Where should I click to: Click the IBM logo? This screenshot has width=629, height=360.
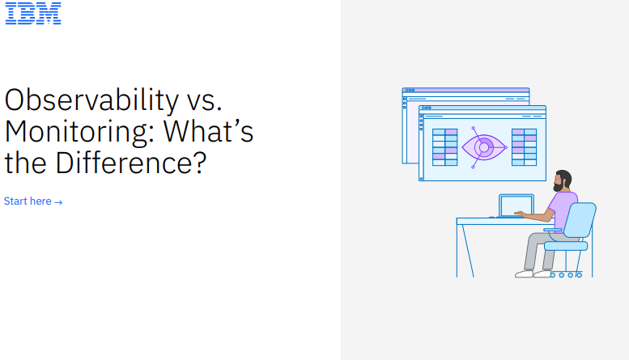[x=33, y=13]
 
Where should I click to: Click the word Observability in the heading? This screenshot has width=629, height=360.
[x=91, y=100]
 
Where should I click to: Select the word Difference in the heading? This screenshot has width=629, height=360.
[x=131, y=163]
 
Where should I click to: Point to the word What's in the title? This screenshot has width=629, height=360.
[x=208, y=131]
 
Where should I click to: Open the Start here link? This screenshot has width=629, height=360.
[x=33, y=201]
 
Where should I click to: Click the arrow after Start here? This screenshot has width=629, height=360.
[x=58, y=202]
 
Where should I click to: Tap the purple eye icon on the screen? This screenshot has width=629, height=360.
[x=484, y=147]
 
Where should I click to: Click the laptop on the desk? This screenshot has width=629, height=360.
[x=516, y=205]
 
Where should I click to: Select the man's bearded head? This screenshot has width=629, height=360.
[x=563, y=180]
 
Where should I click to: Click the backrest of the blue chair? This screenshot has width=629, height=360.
[x=580, y=220]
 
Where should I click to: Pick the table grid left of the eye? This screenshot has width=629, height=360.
[x=445, y=147]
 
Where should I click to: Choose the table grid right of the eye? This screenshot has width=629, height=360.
[x=525, y=147]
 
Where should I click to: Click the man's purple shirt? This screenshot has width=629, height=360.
[x=562, y=210]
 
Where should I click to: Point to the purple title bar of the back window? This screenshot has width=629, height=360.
[x=465, y=90]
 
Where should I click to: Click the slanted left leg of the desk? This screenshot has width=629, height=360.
[x=468, y=251]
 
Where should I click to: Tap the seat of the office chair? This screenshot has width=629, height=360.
[x=566, y=246]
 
